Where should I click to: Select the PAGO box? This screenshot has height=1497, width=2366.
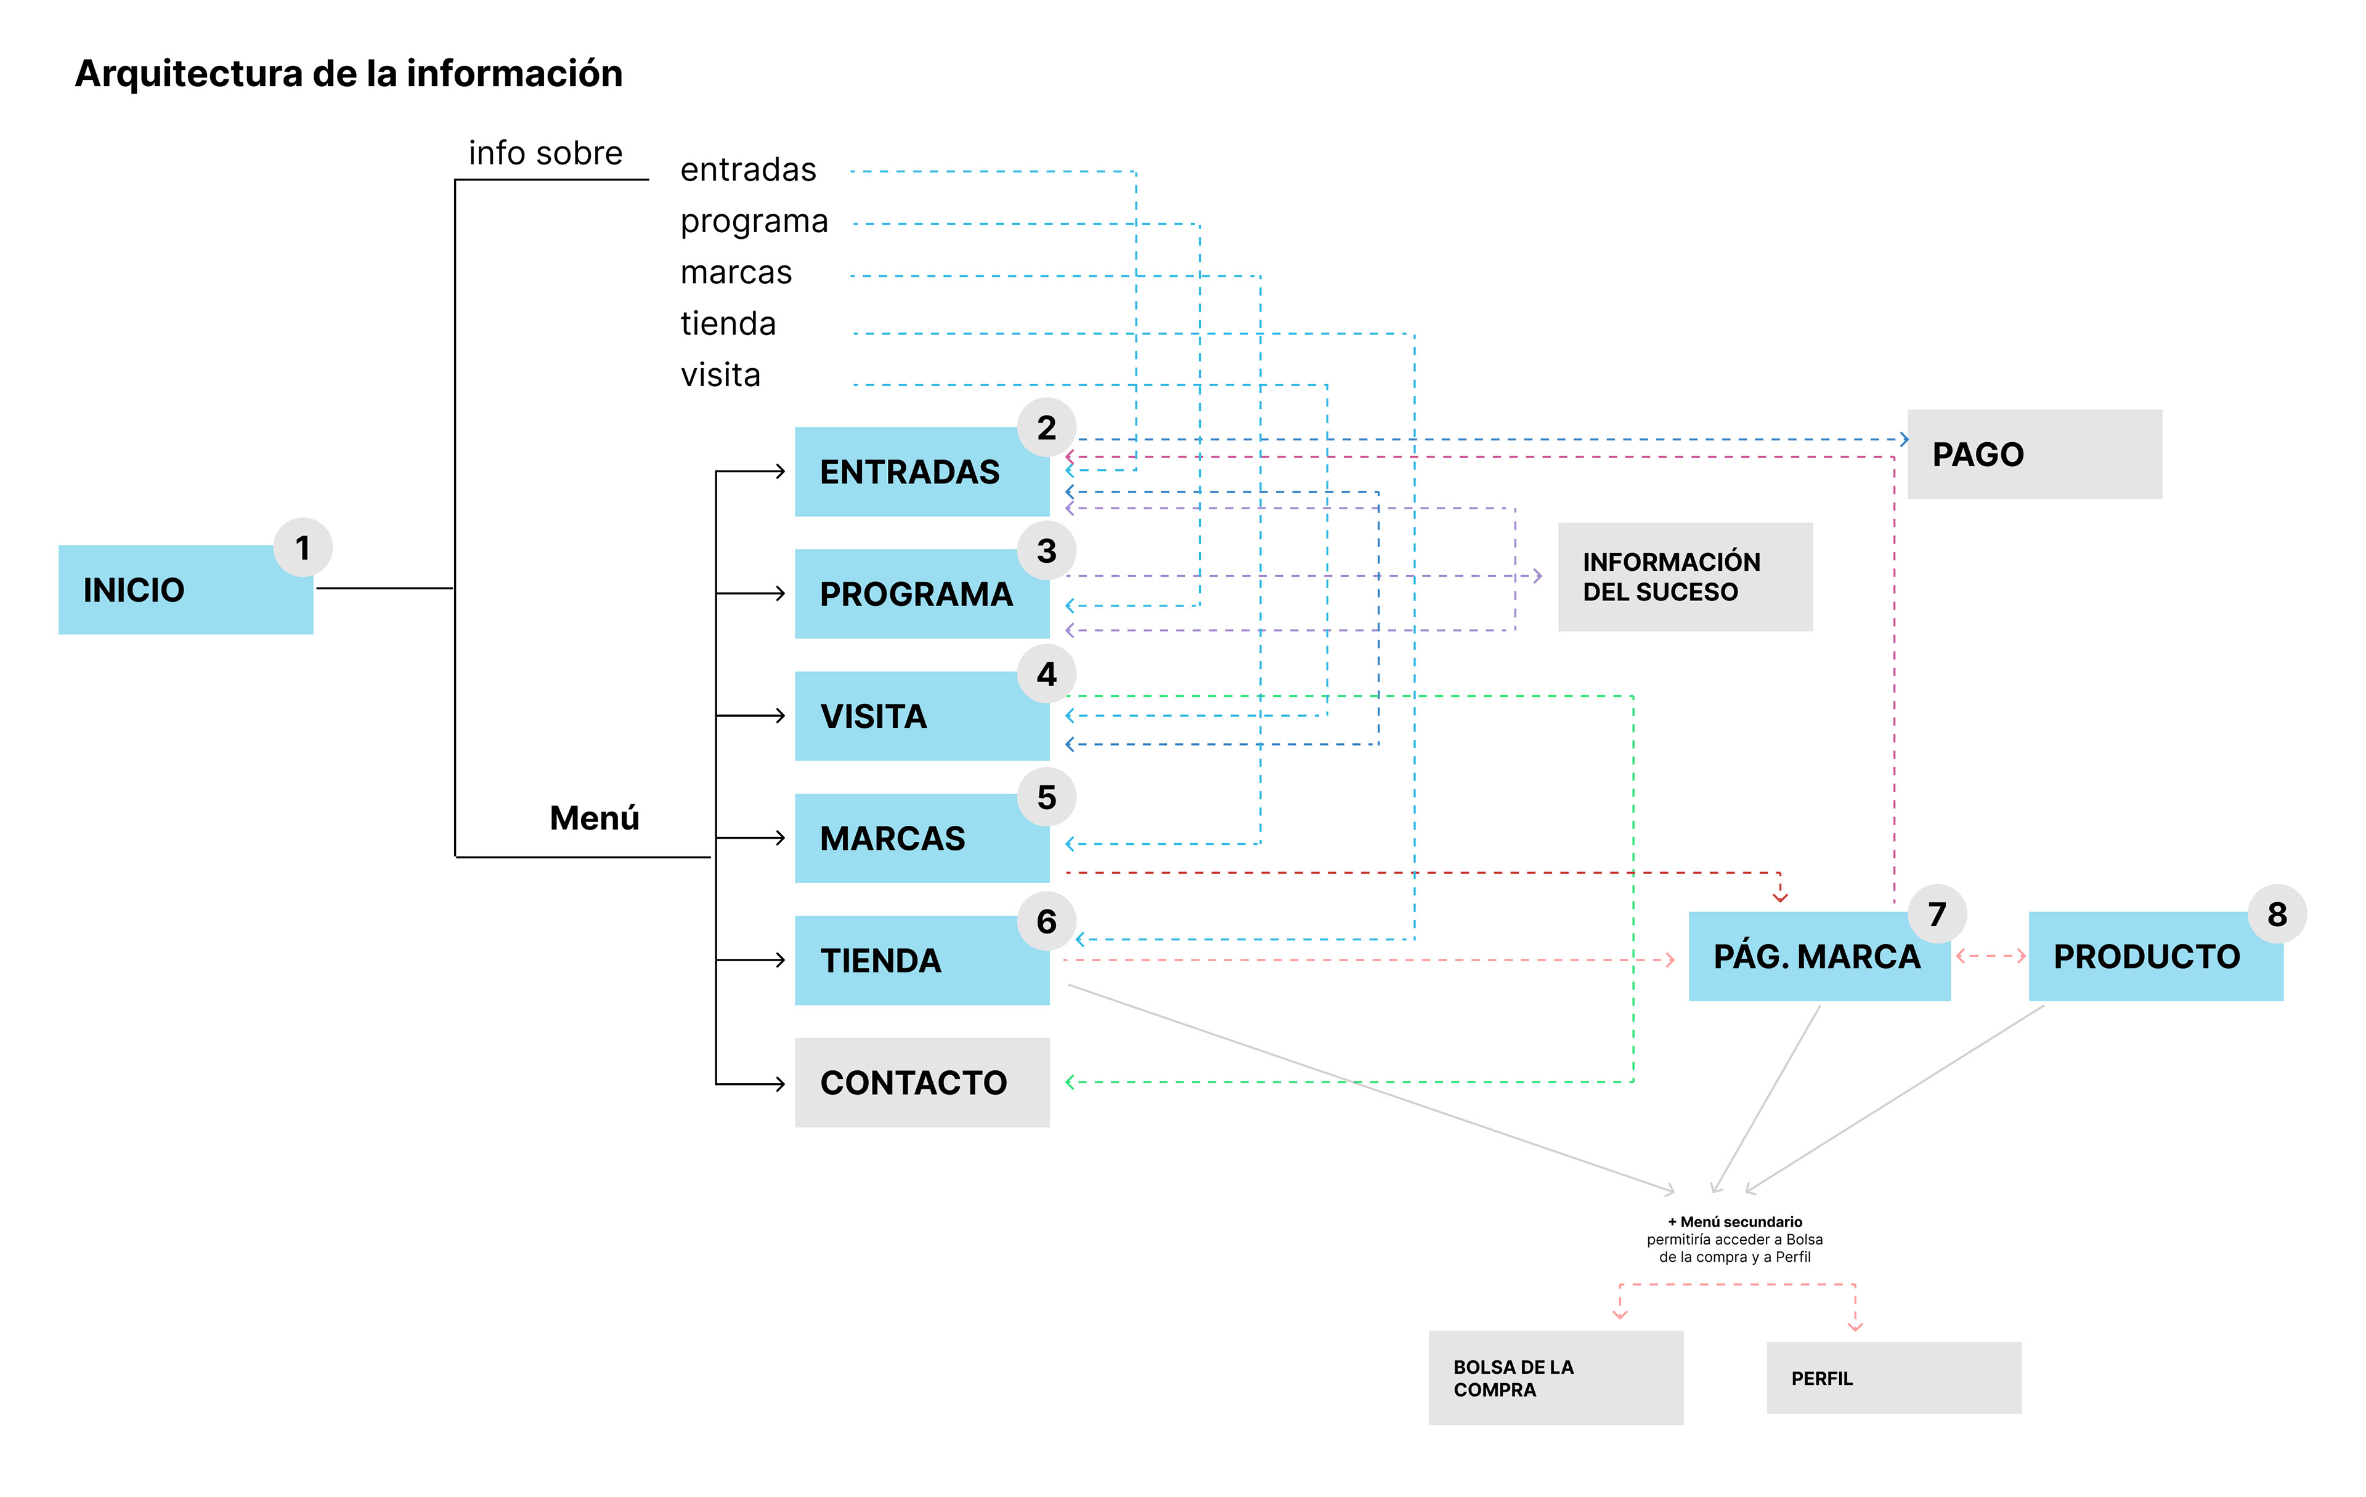pyautogui.click(x=2034, y=454)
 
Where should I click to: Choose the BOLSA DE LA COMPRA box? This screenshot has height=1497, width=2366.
pyautogui.click(x=1555, y=1377)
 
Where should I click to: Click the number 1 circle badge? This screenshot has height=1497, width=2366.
pyautogui.click(x=303, y=547)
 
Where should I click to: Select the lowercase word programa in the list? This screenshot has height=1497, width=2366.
pyautogui.click(x=754, y=221)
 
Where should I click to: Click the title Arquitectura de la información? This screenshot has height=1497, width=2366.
pyautogui.click(x=349, y=74)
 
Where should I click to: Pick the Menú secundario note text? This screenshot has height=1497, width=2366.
pyautogui.click(x=1734, y=1238)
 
